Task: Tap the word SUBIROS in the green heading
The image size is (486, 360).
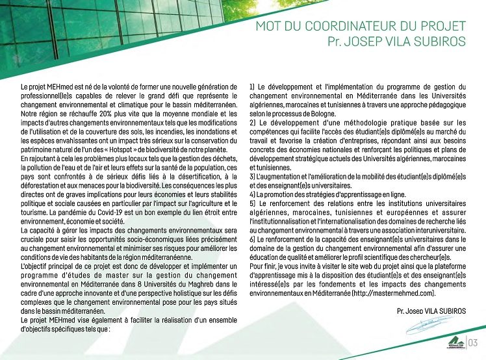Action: [x=439, y=42]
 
